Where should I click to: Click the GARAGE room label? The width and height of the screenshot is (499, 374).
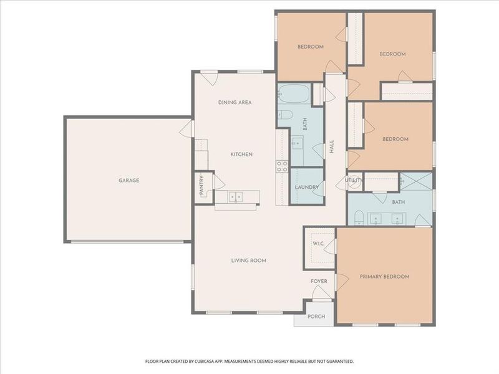[129, 181]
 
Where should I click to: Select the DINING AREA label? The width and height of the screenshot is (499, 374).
[235, 102]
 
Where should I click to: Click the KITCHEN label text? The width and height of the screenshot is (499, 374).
[241, 154]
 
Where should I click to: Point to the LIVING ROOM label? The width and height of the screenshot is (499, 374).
[248, 261]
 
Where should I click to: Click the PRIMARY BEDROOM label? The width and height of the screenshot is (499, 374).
[384, 276]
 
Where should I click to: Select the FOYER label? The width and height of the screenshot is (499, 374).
[319, 281]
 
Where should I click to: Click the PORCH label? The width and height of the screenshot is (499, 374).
[316, 317]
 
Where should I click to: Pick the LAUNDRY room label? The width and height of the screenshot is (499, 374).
[307, 187]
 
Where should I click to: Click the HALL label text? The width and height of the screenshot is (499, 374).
[332, 147]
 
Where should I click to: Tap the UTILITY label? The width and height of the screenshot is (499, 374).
[354, 181]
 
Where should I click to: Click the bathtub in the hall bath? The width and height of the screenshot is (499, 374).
[293, 95]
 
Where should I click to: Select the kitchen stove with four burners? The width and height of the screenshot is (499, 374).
[282, 166]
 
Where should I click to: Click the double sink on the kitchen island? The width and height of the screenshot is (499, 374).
[235, 198]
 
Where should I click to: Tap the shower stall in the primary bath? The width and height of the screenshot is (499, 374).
[415, 182]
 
